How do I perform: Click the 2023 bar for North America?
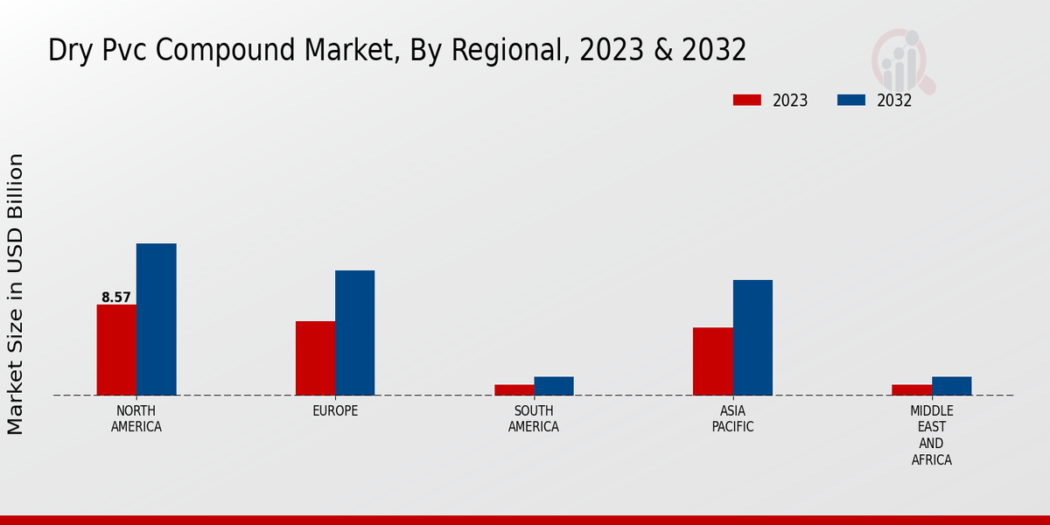tap(116, 350)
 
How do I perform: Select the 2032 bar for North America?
tap(157, 319)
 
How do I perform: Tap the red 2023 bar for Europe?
tap(315, 358)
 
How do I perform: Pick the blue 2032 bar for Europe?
tap(355, 332)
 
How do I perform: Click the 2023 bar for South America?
tap(514, 390)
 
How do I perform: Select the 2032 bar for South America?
tap(554, 386)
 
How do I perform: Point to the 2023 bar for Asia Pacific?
tap(713, 361)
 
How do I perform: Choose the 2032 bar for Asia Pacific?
tap(752, 338)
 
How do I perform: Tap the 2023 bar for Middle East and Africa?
tap(912, 390)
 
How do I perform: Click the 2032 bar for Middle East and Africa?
tap(952, 386)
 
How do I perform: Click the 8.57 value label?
tap(116, 297)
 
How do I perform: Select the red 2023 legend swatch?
tap(747, 101)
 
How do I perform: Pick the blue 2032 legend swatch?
tap(851, 101)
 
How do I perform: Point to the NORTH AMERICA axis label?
tap(136, 419)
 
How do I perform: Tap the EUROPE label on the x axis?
tap(335, 411)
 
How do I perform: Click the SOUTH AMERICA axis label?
tap(534, 419)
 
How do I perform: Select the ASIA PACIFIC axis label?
tap(733, 419)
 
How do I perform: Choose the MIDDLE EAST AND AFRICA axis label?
tap(932, 435)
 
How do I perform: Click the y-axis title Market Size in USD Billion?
tap(16, 294)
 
